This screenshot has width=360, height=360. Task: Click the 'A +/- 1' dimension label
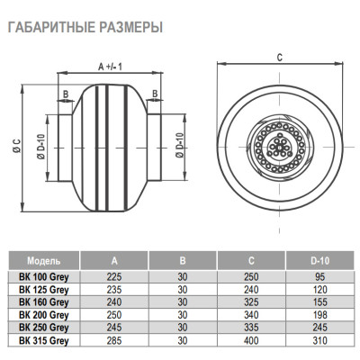(111, 66)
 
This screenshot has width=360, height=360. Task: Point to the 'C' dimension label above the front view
(280, 57)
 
